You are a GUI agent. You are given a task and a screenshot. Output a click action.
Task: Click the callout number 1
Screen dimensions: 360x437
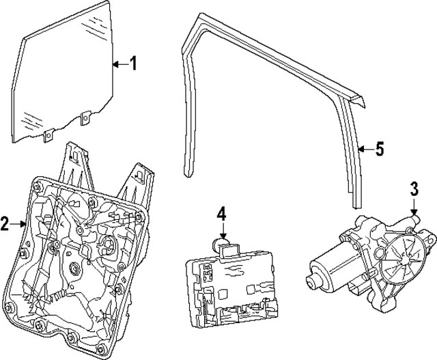[x=133, y=64]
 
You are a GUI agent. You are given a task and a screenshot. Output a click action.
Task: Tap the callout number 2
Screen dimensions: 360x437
[x=5, y=223]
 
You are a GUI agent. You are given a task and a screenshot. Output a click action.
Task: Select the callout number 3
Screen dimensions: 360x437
[x=414, y=189]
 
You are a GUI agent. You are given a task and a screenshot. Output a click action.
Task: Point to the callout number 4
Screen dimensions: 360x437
[x=221, y=214]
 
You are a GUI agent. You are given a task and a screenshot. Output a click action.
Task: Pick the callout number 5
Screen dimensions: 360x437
[x=380, y=148]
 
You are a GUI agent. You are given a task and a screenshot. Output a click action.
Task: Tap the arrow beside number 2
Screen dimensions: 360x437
[x=20, y=223]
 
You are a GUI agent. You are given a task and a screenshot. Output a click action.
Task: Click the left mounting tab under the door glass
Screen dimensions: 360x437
[x=49, y=137]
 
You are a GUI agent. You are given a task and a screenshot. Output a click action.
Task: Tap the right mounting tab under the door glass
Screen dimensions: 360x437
[x=85, y=119]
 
